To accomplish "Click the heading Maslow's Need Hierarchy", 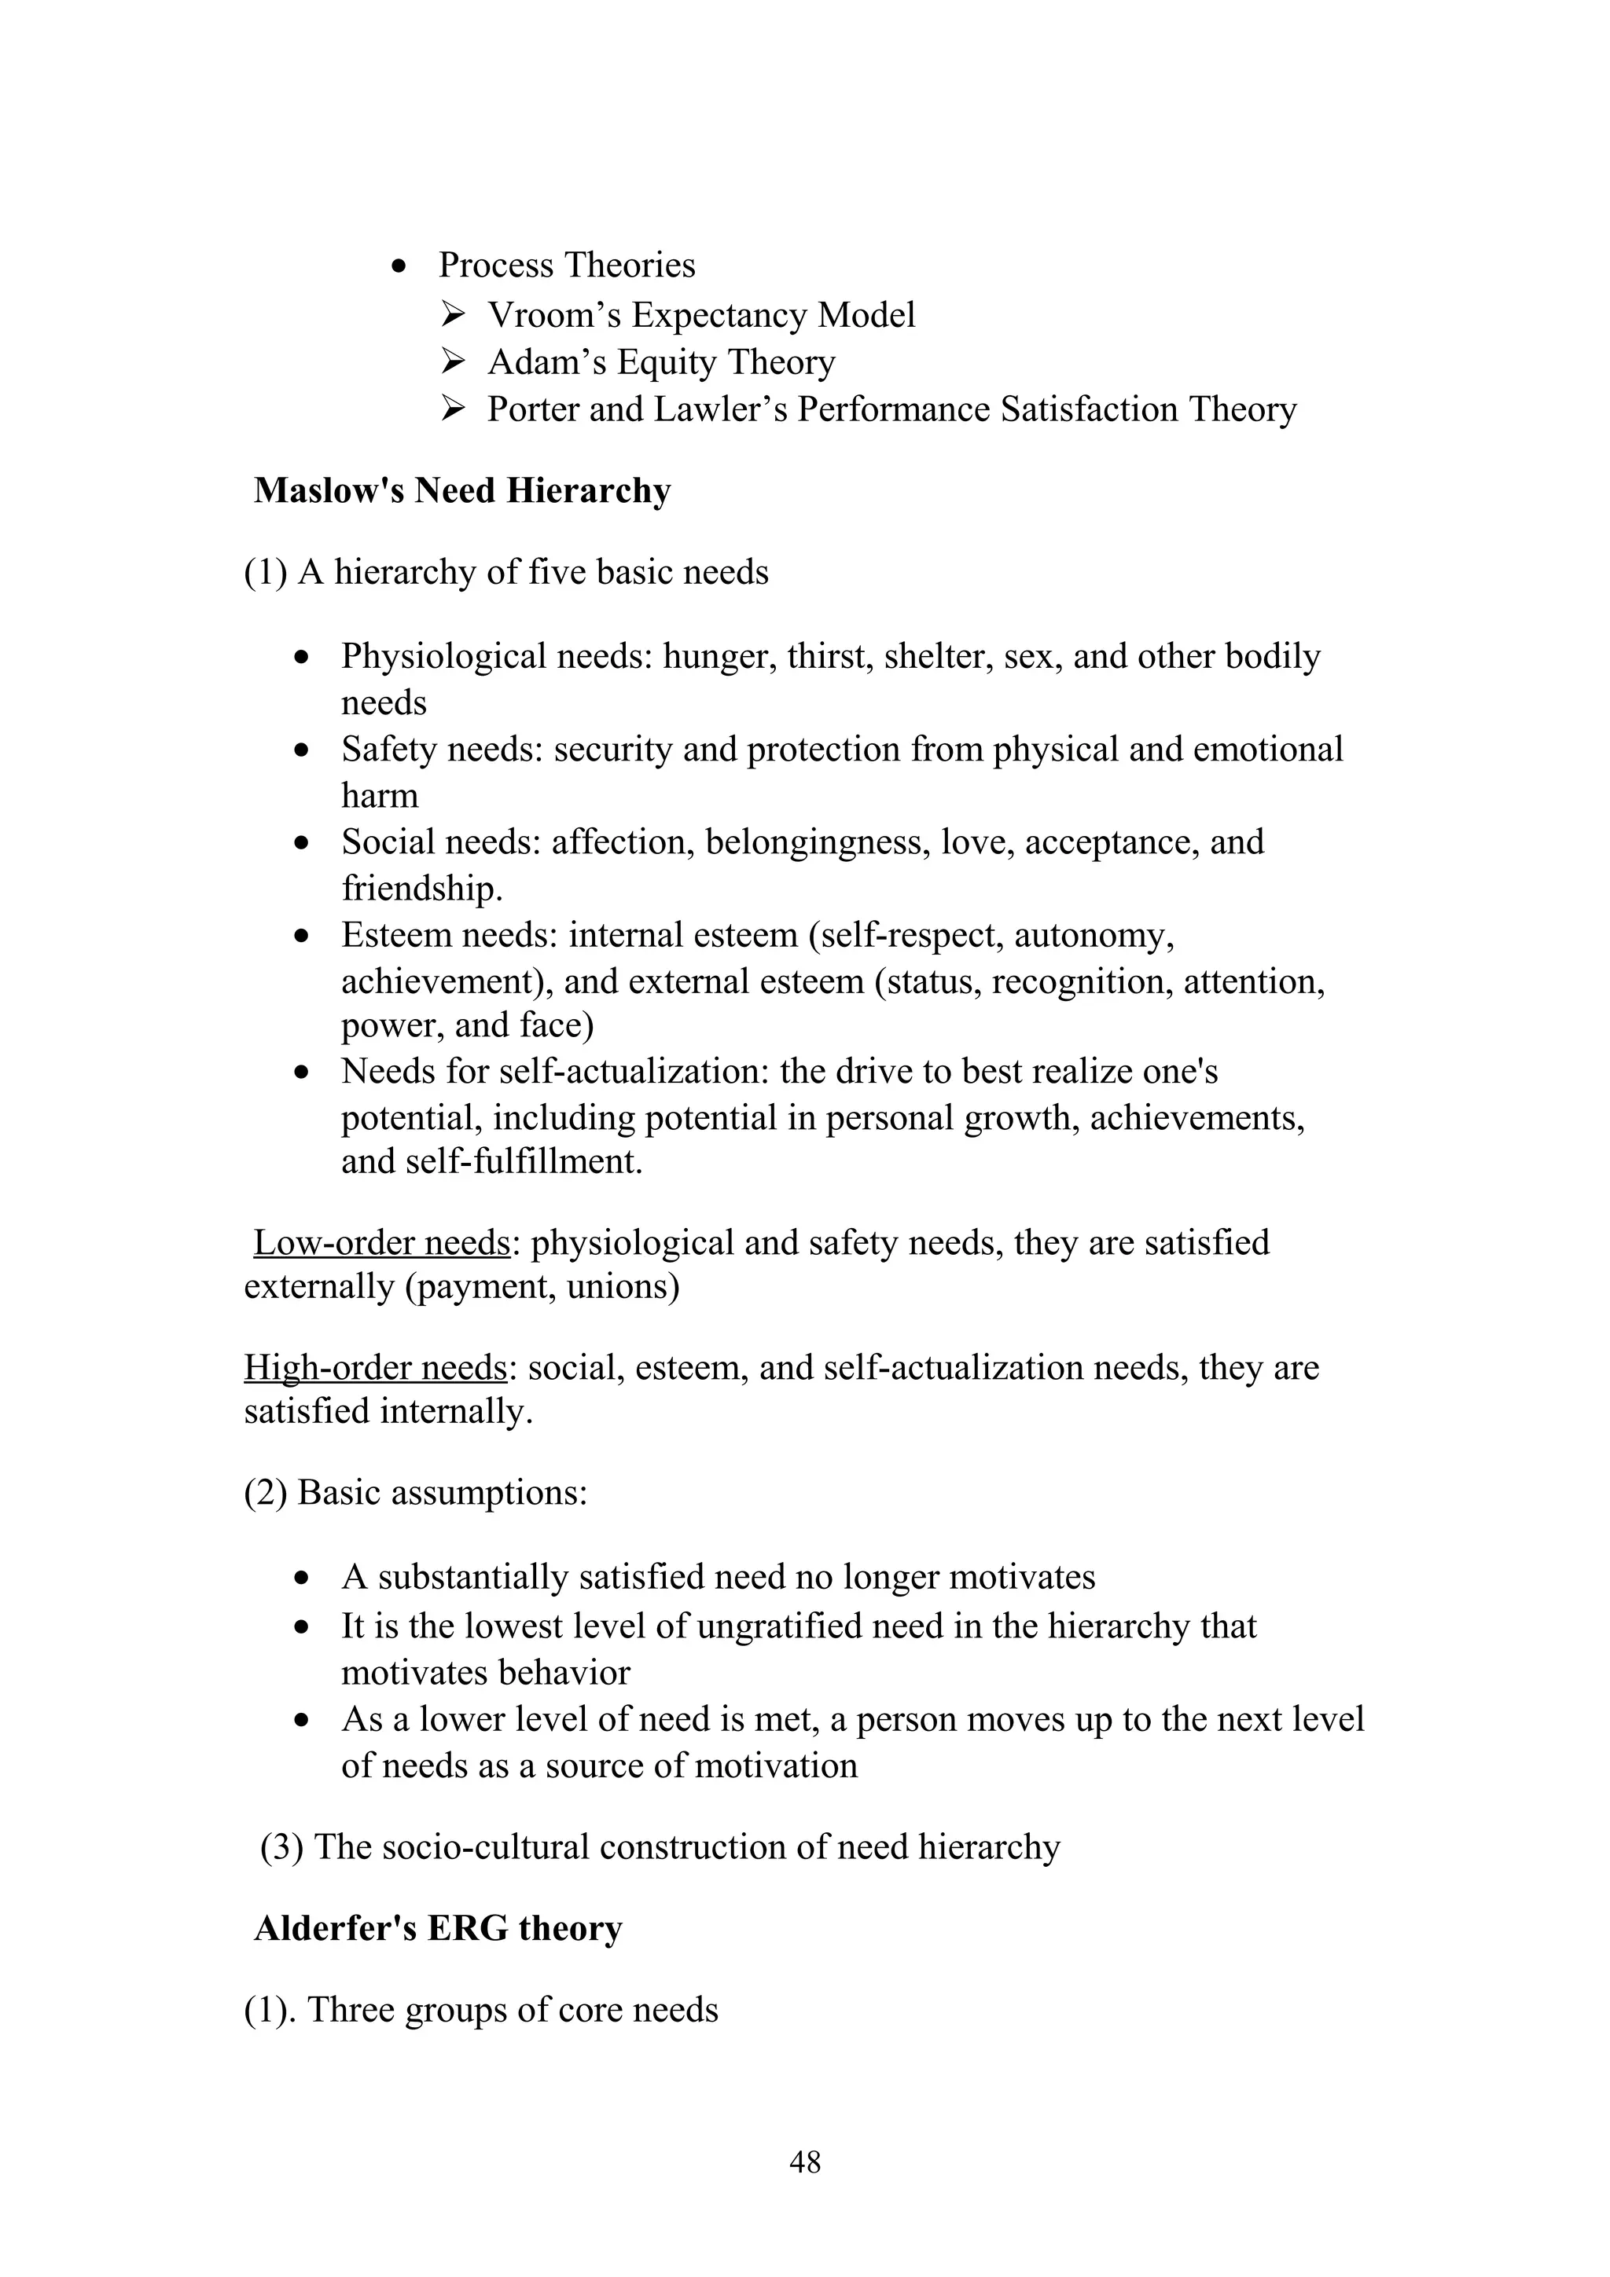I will pos(462,490).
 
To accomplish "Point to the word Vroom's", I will pos(554,314).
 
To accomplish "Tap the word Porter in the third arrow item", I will pos(533,409).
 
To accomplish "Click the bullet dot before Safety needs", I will pos(303,750).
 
